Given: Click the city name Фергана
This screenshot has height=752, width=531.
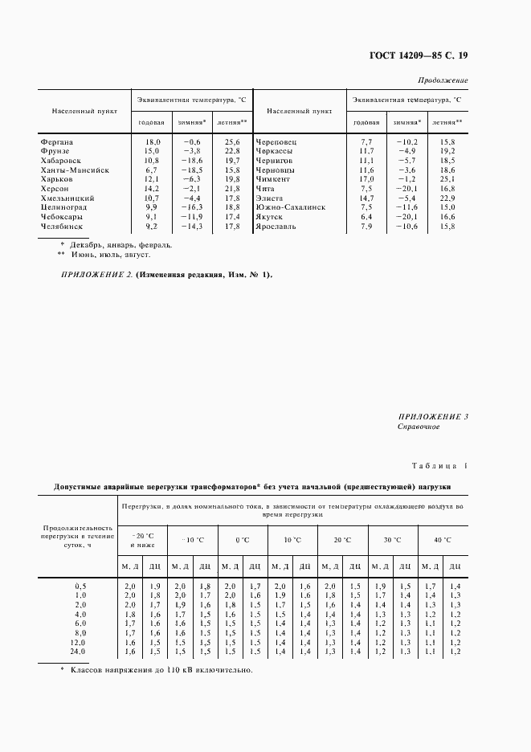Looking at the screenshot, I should [x=56, y=141].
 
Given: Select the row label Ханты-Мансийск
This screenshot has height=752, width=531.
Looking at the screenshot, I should [x=75, y=170].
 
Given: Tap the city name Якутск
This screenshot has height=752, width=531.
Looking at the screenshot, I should [x=270, y=217].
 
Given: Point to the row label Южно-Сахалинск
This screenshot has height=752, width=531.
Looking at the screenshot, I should [x=290, y=207].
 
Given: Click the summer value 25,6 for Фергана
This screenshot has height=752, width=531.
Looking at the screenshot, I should [x=232, y=141].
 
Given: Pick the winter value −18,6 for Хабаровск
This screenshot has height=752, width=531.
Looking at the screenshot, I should [x=190, y=161].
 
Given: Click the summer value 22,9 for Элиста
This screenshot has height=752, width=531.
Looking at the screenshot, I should [x=447, y=198].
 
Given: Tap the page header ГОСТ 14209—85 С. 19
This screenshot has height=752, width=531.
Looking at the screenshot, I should [x=419, y=55].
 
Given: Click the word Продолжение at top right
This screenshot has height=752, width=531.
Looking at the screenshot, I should [x=443, y=81].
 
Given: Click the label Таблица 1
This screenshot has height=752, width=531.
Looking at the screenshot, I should [x=439, y=466].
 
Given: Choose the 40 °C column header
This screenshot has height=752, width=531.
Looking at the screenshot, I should [x=443, y=540].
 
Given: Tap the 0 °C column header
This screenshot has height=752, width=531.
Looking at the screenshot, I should [x=242, y=540].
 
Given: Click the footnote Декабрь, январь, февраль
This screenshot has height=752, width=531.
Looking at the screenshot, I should [x=119, y=245].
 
